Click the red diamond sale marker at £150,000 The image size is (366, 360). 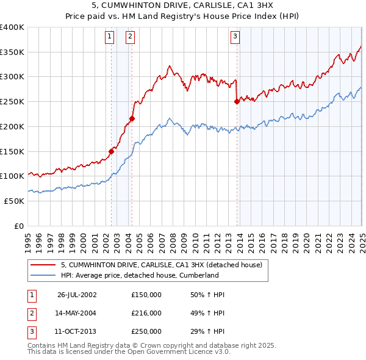pos(112,151)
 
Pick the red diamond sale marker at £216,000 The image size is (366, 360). pos(132,118)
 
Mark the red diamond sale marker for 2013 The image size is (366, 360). pos(237,102)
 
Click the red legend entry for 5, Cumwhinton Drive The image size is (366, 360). pos(161,265)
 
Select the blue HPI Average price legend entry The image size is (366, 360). pos(139,275)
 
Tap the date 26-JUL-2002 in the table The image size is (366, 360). pos(77,295)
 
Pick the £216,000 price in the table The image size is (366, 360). pos(146,313)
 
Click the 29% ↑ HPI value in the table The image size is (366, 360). pos(207,331)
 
